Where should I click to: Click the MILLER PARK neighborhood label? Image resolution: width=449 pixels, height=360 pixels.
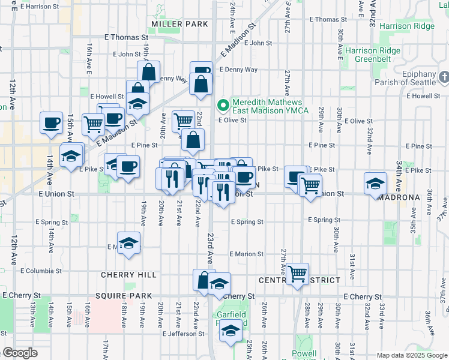tap(179, 24)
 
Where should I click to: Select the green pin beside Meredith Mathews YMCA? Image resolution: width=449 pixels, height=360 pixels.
tap(224, 106)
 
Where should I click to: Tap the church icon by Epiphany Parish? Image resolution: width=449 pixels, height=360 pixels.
tap(444, 78)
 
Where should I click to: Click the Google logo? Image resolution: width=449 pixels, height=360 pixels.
tap(20, 352)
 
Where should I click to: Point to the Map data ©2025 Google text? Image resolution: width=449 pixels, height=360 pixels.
tap(412, 355)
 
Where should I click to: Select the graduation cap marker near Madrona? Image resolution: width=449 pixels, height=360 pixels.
tap(375, 184)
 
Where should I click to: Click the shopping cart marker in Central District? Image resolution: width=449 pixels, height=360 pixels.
tap(298, 274)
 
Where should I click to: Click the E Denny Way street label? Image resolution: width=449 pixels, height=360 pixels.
tap(238, 70)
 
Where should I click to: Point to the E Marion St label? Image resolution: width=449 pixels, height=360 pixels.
tap(246, 254)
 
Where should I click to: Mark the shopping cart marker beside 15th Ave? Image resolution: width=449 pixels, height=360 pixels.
tap(93, 125)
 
